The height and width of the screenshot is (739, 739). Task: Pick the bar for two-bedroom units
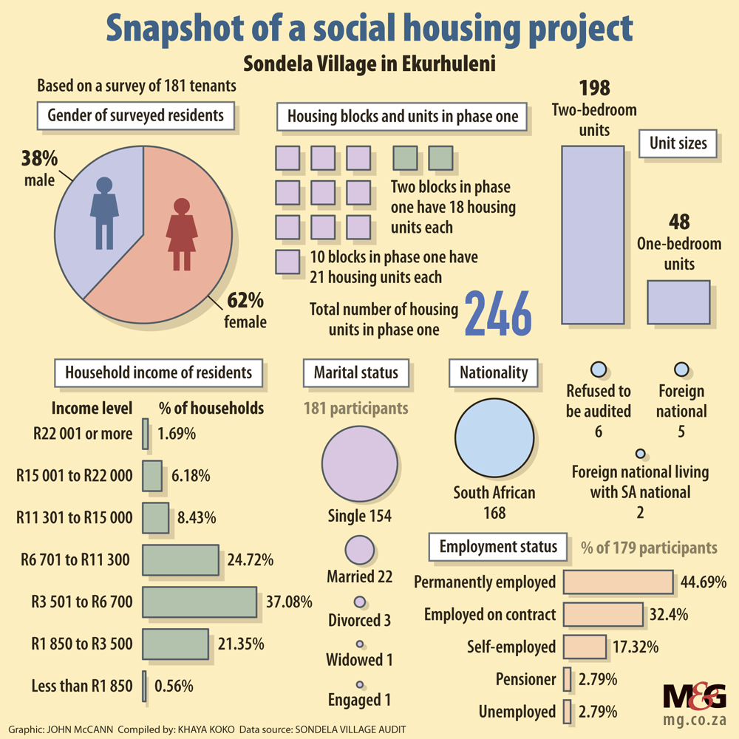(x=593, y=235)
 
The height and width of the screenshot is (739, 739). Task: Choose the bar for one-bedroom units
(x=678, y=302)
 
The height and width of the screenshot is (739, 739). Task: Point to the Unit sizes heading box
(x=678, y=143)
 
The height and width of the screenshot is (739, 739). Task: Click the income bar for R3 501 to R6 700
(x=199, y=602)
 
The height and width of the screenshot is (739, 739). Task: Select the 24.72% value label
(x=251, y=560)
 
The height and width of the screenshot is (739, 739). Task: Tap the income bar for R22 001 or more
(x=146, y=434)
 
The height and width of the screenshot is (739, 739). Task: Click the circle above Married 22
(x=360, y=551)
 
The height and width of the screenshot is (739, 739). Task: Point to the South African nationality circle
(x=494, y=440)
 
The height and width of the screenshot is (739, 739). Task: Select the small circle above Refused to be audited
(x=599, y=369)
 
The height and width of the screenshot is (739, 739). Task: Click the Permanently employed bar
(x=619, y=582)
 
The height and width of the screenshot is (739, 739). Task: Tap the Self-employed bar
(x=585, y=647)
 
